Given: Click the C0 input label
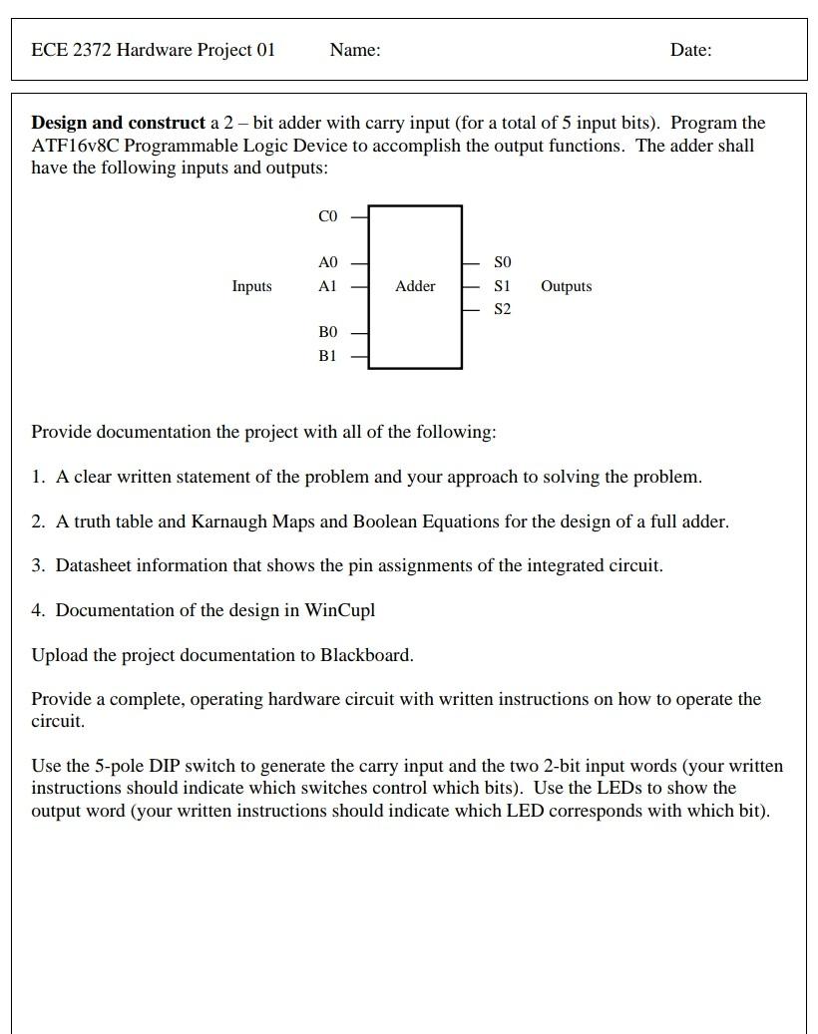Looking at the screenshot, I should (327, 216).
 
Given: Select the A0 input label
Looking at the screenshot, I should (327, 262).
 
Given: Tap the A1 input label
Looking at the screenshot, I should (327, 286).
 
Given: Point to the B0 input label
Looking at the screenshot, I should (327, 332).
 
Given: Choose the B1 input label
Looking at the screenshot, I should (327, 355).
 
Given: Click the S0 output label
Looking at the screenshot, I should (503, 262).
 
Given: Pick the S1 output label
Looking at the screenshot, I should (503, 286).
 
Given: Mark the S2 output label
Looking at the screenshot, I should (503, 309).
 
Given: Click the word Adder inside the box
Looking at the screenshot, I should (415, 286).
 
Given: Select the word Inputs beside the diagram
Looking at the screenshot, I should (251, 286).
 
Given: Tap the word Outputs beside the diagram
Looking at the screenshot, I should (566, 286).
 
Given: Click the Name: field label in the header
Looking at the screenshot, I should (354, 50).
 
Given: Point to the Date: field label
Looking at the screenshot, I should (690, 50).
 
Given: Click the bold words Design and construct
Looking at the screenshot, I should (118, 123).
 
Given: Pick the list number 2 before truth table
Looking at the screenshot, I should (38, 521).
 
